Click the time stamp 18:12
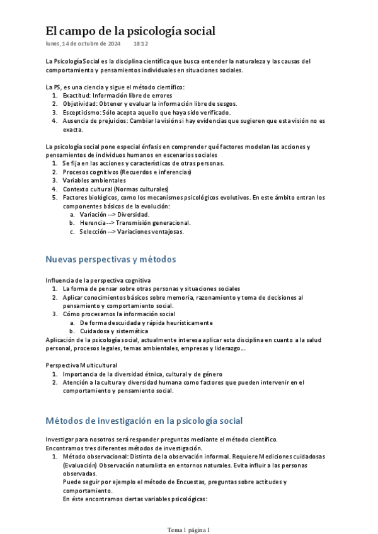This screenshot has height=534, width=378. point(140,44)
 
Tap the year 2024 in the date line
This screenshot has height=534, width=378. point(112,44)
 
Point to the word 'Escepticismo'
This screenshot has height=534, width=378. point(83,112)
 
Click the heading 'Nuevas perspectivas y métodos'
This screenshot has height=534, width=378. point(111,259)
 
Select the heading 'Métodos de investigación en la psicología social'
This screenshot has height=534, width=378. point(144,421)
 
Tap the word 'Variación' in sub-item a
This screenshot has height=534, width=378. point(93,214)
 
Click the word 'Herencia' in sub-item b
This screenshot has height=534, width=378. point(92,222)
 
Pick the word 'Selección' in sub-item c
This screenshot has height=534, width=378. point(93,231)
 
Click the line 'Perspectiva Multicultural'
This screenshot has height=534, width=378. point(81,365)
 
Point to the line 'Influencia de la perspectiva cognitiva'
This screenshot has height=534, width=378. point(98,280)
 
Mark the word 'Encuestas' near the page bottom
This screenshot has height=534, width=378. point(169,482)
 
